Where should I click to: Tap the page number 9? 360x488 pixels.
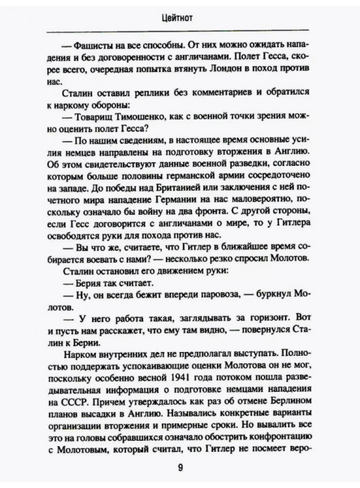(x=180, y=466)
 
